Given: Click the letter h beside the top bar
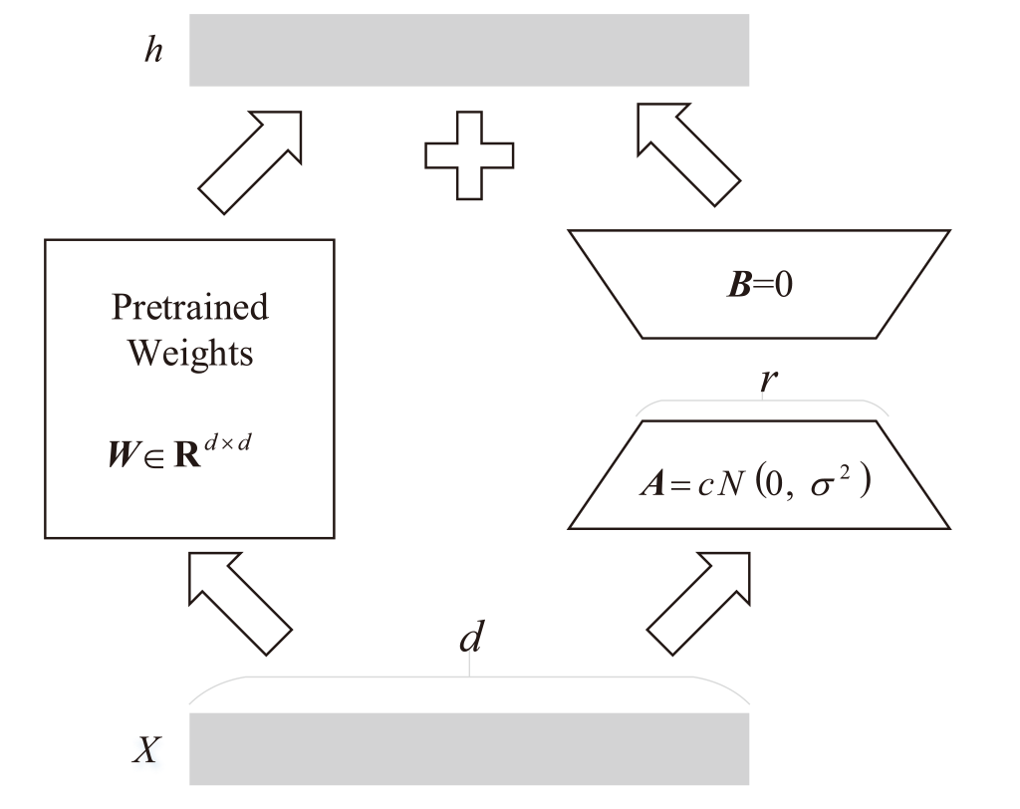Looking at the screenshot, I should tap(151, 50).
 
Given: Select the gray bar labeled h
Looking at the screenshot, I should tap(468, 50).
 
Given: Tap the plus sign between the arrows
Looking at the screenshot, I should tap(469, 155).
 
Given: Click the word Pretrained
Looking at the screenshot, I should tap(189, 306).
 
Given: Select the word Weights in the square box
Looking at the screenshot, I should tap(189, 353).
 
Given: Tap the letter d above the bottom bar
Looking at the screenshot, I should tap(469, 639).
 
